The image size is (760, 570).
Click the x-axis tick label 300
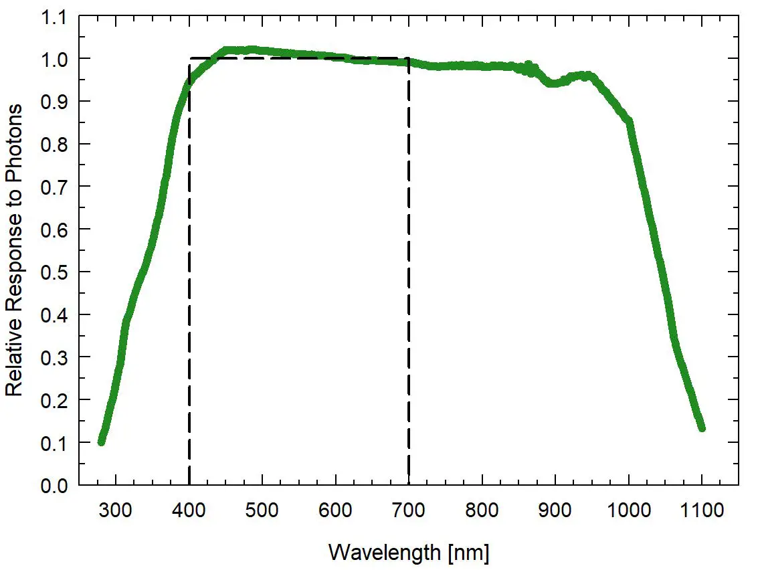click(116, 512)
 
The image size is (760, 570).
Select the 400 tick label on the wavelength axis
click(189, 512)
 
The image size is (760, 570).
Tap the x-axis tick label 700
click(408, 512)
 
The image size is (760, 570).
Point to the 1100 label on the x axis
click(702, 512)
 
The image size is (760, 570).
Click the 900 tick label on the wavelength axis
click(555, 512)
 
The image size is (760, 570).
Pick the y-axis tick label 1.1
click(55, 17)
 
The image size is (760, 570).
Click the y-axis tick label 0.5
click(55, 272)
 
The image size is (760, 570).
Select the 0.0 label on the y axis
click(55, 486)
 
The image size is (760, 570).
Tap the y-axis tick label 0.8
click(55, 145)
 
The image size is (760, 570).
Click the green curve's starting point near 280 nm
click(102, 441)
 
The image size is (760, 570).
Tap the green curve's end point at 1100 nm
click(702, 427)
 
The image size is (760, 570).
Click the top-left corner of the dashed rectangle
click(190, 58)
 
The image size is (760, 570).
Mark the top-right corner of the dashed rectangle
click(408, 58)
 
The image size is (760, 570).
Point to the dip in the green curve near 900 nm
click(553, 84)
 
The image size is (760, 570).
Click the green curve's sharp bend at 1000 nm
click(629, 121)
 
